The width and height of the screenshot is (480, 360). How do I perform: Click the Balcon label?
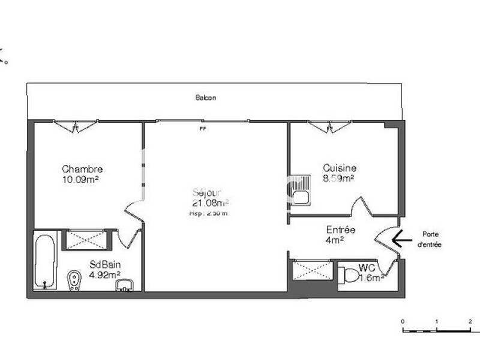pyautogui.click(x=206, y=98)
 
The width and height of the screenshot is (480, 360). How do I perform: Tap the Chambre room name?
pyautogui.click(x=82, y=169)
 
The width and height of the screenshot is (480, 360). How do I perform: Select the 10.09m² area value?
pyautogui.click(x=80, y=179)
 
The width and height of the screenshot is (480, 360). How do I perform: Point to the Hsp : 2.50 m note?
pyautogui.click(x=208, y=212)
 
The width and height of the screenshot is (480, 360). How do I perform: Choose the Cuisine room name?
pyautogui.click(x=340, y=169)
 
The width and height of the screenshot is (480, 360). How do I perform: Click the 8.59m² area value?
pyautogui.click(x=338, y=178)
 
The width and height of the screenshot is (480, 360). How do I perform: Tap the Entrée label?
pyautogui.click(x=341, y=230)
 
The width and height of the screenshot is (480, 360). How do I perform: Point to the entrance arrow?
pyautogui.click(x=401, y=239)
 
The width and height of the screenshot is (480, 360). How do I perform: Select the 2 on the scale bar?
pyautogui.click(x=470, y=322)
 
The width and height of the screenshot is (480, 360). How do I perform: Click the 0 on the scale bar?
pyautogui.click(x=403, y=322)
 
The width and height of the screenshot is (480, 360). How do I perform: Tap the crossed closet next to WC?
pyautogui.click(x=312, y=269)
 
